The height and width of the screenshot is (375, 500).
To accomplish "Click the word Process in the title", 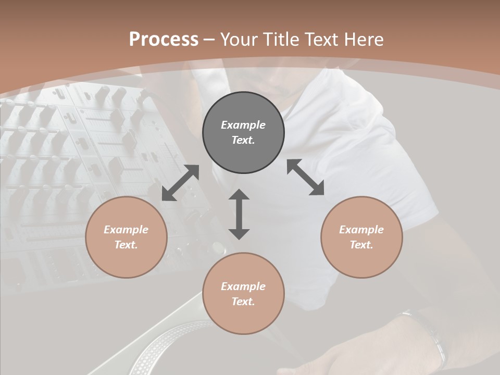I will tap(164, 40).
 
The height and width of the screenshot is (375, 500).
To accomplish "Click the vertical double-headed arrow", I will tap(239, 214).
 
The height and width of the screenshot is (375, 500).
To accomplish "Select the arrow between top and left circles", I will tap(180, 183).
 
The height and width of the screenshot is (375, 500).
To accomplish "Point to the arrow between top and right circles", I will tap(306, 177).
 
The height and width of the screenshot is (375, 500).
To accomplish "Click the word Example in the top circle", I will tap(243, 125).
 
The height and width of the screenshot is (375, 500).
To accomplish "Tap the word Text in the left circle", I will tap(126, 245).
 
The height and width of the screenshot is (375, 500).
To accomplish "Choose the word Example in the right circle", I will tap(361, 230).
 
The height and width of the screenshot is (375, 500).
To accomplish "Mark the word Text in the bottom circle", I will tap(243, 302).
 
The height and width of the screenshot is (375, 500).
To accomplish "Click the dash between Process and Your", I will tap(209, 40).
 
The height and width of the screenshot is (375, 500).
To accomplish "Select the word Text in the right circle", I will tap(361, 245).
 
